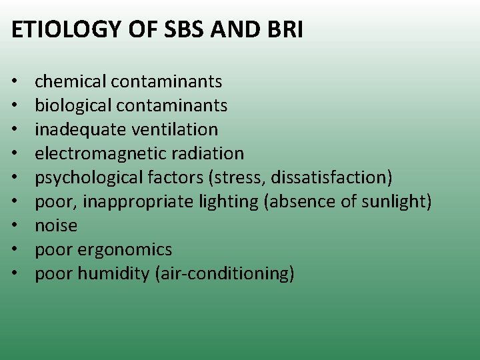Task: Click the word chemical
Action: point(71,81)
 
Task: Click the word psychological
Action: point(90,177)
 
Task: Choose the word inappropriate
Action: point(136,201)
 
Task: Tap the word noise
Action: point(56,225)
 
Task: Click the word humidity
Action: point(113,273)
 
